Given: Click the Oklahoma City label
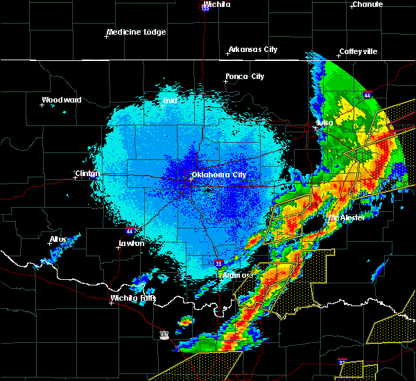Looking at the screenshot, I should (220, 175).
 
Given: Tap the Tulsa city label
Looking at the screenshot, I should (324, 123).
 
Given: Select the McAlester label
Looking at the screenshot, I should (346, 218).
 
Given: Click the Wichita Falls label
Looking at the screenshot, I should (133, 299).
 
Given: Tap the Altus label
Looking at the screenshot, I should (58, 240).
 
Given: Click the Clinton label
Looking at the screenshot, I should (87, 174).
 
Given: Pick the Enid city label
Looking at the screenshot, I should (169, 100).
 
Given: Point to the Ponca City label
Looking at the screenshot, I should (245, 76).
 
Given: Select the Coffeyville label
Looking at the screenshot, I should (358, 52).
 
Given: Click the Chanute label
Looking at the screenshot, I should (367, 5).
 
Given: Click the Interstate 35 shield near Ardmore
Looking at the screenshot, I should (218, 264).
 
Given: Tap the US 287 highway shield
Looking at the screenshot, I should (164, 335).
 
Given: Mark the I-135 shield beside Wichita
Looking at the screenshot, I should (205, 7).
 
